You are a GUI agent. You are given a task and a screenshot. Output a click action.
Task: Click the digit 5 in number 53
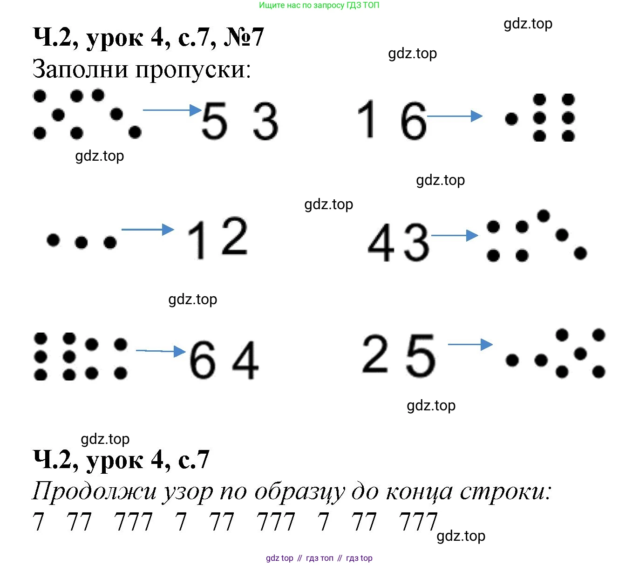[214, 121]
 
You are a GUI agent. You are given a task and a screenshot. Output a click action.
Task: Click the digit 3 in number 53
[265, 122]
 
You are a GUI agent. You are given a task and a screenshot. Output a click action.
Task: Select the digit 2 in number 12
[234, 237]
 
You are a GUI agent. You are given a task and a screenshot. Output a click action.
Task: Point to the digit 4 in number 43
[381, 242]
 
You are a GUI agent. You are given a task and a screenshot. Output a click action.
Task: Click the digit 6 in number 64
[203, 360]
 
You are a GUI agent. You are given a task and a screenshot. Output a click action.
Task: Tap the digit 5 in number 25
[421, 355]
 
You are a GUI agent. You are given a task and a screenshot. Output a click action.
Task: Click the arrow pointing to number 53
[172, 110]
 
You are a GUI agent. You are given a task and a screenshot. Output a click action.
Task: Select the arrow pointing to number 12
[148, 229]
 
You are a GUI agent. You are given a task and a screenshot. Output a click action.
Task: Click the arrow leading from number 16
[455, 116]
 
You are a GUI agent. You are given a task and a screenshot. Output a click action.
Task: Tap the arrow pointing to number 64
[161, 351]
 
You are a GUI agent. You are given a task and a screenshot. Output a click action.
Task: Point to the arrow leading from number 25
[470, 344]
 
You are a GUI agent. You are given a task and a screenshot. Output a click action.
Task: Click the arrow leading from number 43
[455, 235]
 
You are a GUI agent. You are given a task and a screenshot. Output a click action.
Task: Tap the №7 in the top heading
[244, 37]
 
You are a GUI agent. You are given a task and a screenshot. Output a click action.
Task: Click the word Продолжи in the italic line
[95, 491]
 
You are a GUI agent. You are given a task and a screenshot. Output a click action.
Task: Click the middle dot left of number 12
[81, 242]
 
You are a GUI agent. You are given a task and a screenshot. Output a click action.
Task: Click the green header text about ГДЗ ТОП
[319, 6]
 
